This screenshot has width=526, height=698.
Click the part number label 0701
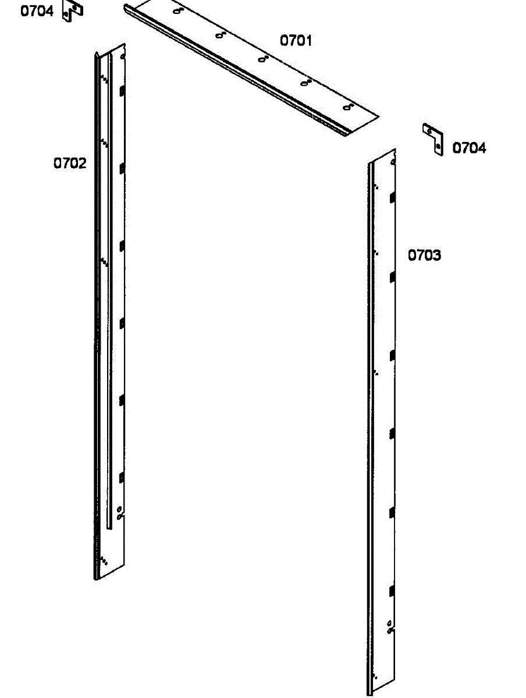(296, 41)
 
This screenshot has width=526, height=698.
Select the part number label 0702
(70, 163)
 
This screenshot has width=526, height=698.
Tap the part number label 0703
(424, 255)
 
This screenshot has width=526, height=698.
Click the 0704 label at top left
(37, 11)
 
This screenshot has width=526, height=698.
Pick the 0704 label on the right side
(469, 148)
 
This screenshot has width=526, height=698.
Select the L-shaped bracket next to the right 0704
(433, 138)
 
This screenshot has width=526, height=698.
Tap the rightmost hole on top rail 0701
(348, 108)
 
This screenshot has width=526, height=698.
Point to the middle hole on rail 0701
(262, 59)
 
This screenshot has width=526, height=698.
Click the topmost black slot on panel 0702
(122, 91)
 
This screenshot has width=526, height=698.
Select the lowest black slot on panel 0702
(122, 478)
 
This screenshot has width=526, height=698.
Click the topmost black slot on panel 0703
(393, 197)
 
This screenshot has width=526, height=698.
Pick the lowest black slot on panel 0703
(392, 592)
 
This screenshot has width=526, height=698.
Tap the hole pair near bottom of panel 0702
(119, 512)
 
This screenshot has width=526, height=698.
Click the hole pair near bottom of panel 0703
(390, 627)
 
